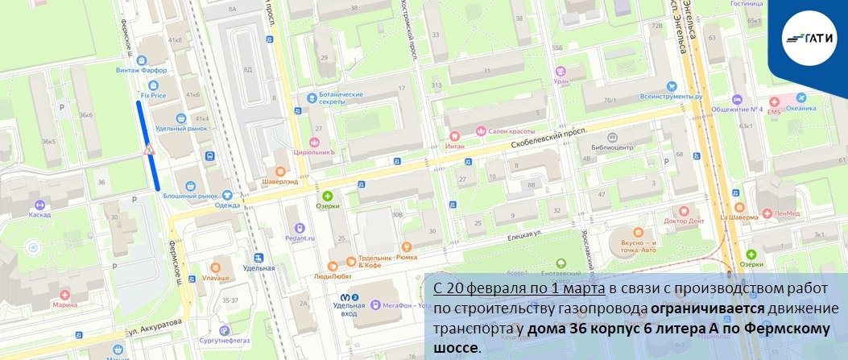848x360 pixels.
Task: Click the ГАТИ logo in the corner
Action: [x=812, y=34]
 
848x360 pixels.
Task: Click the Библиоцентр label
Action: [x=611, y=147]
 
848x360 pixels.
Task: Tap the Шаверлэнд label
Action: [x=280, y=181]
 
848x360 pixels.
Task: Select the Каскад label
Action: [x=39, y=215]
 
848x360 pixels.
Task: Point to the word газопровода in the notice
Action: [x=599, y=308]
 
